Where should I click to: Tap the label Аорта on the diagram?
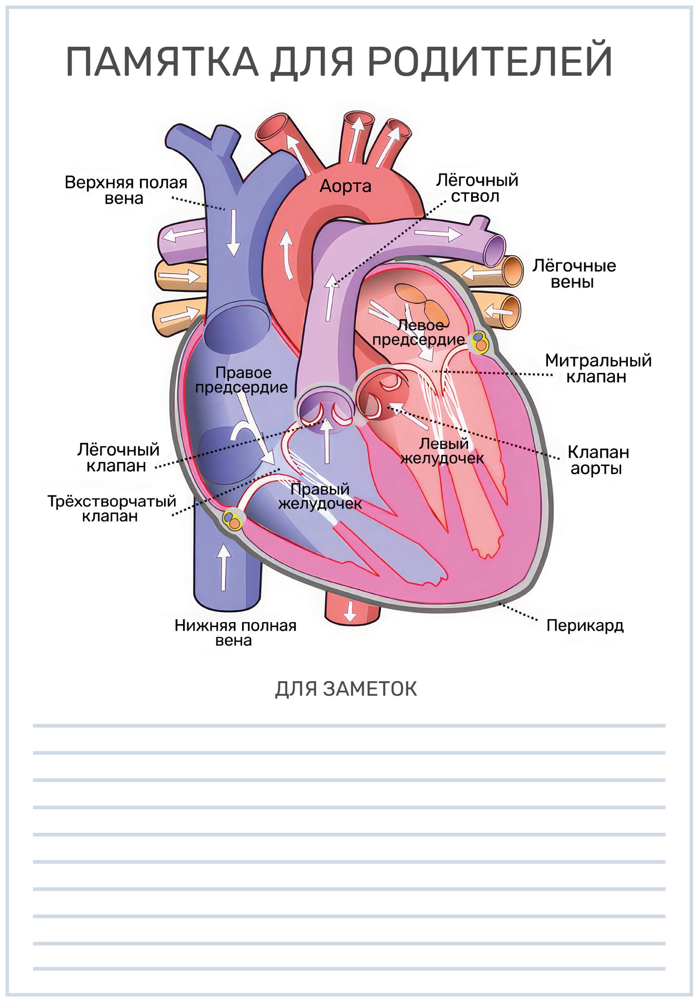tap(345, 186)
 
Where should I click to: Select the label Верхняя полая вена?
tap(126, 190)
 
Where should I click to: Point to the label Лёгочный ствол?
tap(477, 188)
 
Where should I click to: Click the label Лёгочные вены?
tap(574, 274)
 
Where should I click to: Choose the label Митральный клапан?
tap(598, 368)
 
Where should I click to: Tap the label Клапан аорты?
tap(598, 460)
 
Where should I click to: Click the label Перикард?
tap(585, 625)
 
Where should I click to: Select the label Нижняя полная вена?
tap(235, 633)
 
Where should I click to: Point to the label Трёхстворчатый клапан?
tap(112, 508)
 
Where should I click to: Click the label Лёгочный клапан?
tap(118, 457)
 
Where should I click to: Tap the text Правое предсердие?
tap(241, 380)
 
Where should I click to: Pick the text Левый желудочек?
tap(442, 451)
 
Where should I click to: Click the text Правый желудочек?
tap(320, 497)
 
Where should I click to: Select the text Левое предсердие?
tap(419, 332)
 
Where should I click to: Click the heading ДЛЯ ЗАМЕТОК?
tap(346, 689)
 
